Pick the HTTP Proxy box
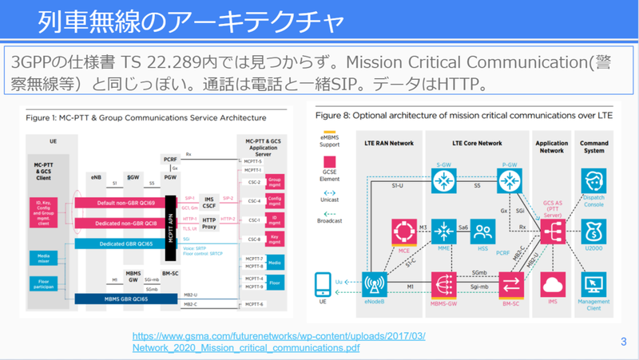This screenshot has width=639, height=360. (208, 222)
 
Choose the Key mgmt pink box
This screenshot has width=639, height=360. (276, 237)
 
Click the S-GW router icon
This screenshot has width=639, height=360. (440, 181)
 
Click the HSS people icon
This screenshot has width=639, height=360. (482, 231)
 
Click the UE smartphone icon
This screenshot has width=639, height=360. (323, 284)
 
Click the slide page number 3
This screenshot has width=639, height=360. (622, 342)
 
